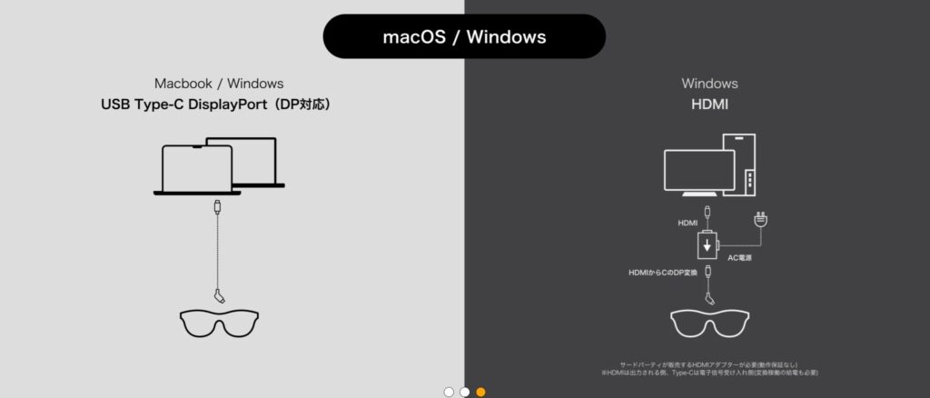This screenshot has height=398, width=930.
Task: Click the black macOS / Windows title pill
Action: tap(463, 37)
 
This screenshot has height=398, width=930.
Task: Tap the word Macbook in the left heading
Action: tap(180, 85)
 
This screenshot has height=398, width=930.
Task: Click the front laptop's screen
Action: tap(196, 166)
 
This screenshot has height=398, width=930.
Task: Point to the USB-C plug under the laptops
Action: tap(217, 206)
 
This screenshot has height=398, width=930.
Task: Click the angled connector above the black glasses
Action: tap(219, 295)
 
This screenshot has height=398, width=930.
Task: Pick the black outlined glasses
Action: tap(219, 322)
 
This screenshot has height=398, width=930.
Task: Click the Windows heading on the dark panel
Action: tap(709, 85)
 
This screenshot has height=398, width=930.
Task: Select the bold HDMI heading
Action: tap(709, 104)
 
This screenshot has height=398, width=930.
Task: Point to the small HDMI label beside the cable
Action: tap(689, 222)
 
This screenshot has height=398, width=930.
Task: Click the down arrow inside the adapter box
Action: tap(705, 246)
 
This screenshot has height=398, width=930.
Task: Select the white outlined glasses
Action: tap(709, 322)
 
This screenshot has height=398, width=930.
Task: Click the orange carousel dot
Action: tap(480, 392)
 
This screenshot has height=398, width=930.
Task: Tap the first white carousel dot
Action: tap(448, 392)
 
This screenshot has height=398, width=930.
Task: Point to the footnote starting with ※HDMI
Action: tap(709, 373)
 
